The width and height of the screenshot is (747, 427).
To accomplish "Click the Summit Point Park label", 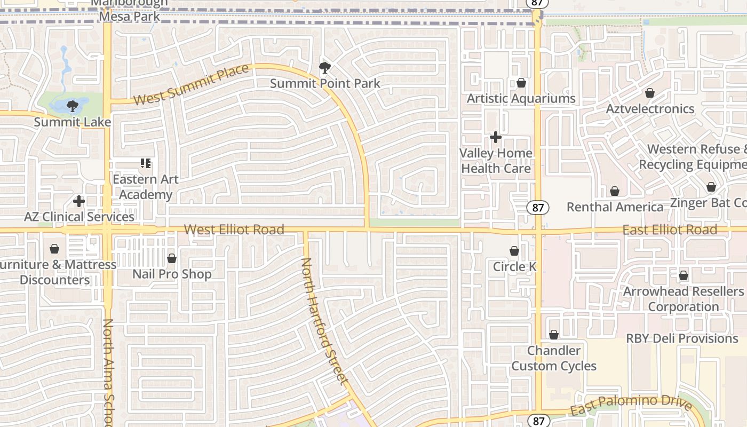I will pyautogui.click(x=325, y=83).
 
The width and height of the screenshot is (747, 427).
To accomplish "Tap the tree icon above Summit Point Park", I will pyautogui.click(x=324, y=68).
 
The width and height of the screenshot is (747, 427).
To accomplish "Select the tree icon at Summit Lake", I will pyautogui.click(x=73, y=106).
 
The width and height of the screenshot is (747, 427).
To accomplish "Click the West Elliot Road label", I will pyautogui.click(x=234, y=230).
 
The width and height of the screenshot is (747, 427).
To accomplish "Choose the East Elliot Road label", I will pyautogui.click(x=670, y=230).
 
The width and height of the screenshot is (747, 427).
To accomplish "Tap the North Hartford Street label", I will pyautogui.click(x=324, y=321).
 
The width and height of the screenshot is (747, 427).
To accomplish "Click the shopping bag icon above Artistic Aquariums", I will pyautogui.click(x=521, y=83).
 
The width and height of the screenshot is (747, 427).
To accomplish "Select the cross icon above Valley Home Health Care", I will pyautogui.click(x=496, y=137).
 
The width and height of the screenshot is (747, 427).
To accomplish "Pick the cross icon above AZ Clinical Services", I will pyautogui.click(x=79, y=201).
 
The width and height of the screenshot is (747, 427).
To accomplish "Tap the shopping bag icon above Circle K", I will pyautogui.click(x=514, y=251).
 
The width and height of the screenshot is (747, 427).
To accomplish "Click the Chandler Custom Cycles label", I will pyautogui.click(x=554, y=358).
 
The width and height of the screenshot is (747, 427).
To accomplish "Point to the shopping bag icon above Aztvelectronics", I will pyautogui.click(x=650, y=93).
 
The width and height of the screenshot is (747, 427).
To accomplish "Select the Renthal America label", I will pyautogui.click(x=615, y=207).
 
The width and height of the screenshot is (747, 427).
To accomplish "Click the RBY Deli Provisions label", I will pyautogui.click(x=682, y=338).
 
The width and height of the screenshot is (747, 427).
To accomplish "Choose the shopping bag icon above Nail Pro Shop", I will pyautogui.click(x=172, y=259).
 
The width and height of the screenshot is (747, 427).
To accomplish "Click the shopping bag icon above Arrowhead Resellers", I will pyautogui.click(x=684, y=276).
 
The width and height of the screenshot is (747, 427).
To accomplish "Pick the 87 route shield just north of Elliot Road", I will pyautogui.click(x=538, y=208).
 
